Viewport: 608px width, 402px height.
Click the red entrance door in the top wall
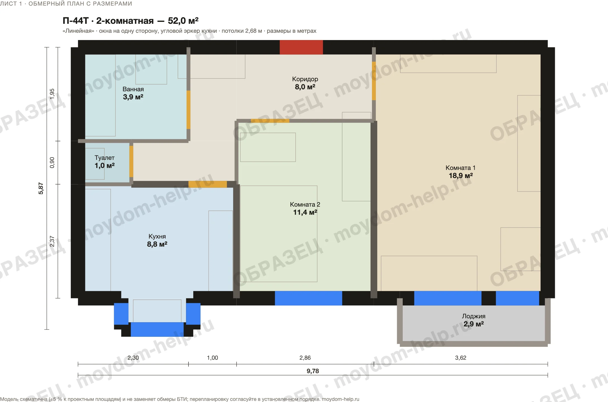pos(301,47)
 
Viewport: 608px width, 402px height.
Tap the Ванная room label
pos(133,89)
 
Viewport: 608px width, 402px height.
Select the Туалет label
pos(105,158)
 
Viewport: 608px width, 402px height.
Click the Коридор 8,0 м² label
pos(305,83)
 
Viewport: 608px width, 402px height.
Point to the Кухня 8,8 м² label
pos(157,240)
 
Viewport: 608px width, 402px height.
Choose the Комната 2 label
pos(305,205)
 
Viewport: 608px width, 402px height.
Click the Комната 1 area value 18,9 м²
pos(461,176)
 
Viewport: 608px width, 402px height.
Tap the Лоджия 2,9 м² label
pos(474,320)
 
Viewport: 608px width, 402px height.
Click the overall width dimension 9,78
pos(313,371)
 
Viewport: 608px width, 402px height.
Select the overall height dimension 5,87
pos(41,188)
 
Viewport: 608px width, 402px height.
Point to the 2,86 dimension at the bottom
pos(305,358)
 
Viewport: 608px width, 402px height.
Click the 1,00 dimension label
pos(213,358)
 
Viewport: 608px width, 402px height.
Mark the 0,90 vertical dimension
pos(52,163)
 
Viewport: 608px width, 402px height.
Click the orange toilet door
pos(131,162)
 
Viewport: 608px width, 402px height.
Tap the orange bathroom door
pos(188,110)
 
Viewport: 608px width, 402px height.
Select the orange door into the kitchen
pos(208,184)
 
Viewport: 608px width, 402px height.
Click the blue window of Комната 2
pos(308,298)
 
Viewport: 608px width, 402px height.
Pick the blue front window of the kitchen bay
pos(157,329)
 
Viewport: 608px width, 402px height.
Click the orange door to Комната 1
pos(374,81)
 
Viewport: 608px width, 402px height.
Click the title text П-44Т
pos(76,21)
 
